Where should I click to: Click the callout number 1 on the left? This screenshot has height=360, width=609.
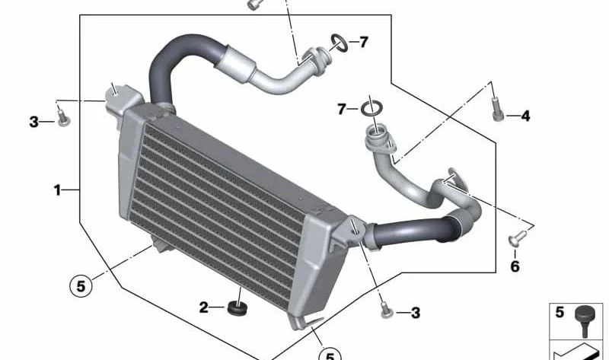[57, 190]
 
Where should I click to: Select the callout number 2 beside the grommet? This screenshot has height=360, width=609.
[203, 307]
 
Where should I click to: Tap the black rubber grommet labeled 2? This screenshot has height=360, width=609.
[237, 307]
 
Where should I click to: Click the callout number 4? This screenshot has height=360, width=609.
[525, 116]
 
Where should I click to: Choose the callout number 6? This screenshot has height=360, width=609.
[515, 266]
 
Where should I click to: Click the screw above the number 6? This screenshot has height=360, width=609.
[518, 237]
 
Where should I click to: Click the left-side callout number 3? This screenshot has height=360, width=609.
[33, 122]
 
